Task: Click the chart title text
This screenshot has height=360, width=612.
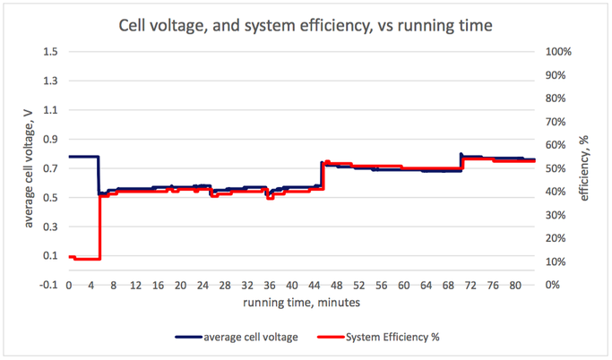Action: (306, 25)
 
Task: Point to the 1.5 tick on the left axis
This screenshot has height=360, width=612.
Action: (52, 52)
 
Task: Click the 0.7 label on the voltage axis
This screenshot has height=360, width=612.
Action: (52, 168)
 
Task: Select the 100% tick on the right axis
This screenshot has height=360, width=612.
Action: (559, 52)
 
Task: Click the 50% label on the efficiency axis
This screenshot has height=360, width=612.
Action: (556, 168)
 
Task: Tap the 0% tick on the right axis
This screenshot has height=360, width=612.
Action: (554, 285)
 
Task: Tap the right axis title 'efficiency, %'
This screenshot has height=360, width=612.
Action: (583, 168)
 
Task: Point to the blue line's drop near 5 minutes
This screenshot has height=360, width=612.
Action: (98, 175)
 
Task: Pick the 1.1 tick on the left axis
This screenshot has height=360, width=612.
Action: (52, 110)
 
